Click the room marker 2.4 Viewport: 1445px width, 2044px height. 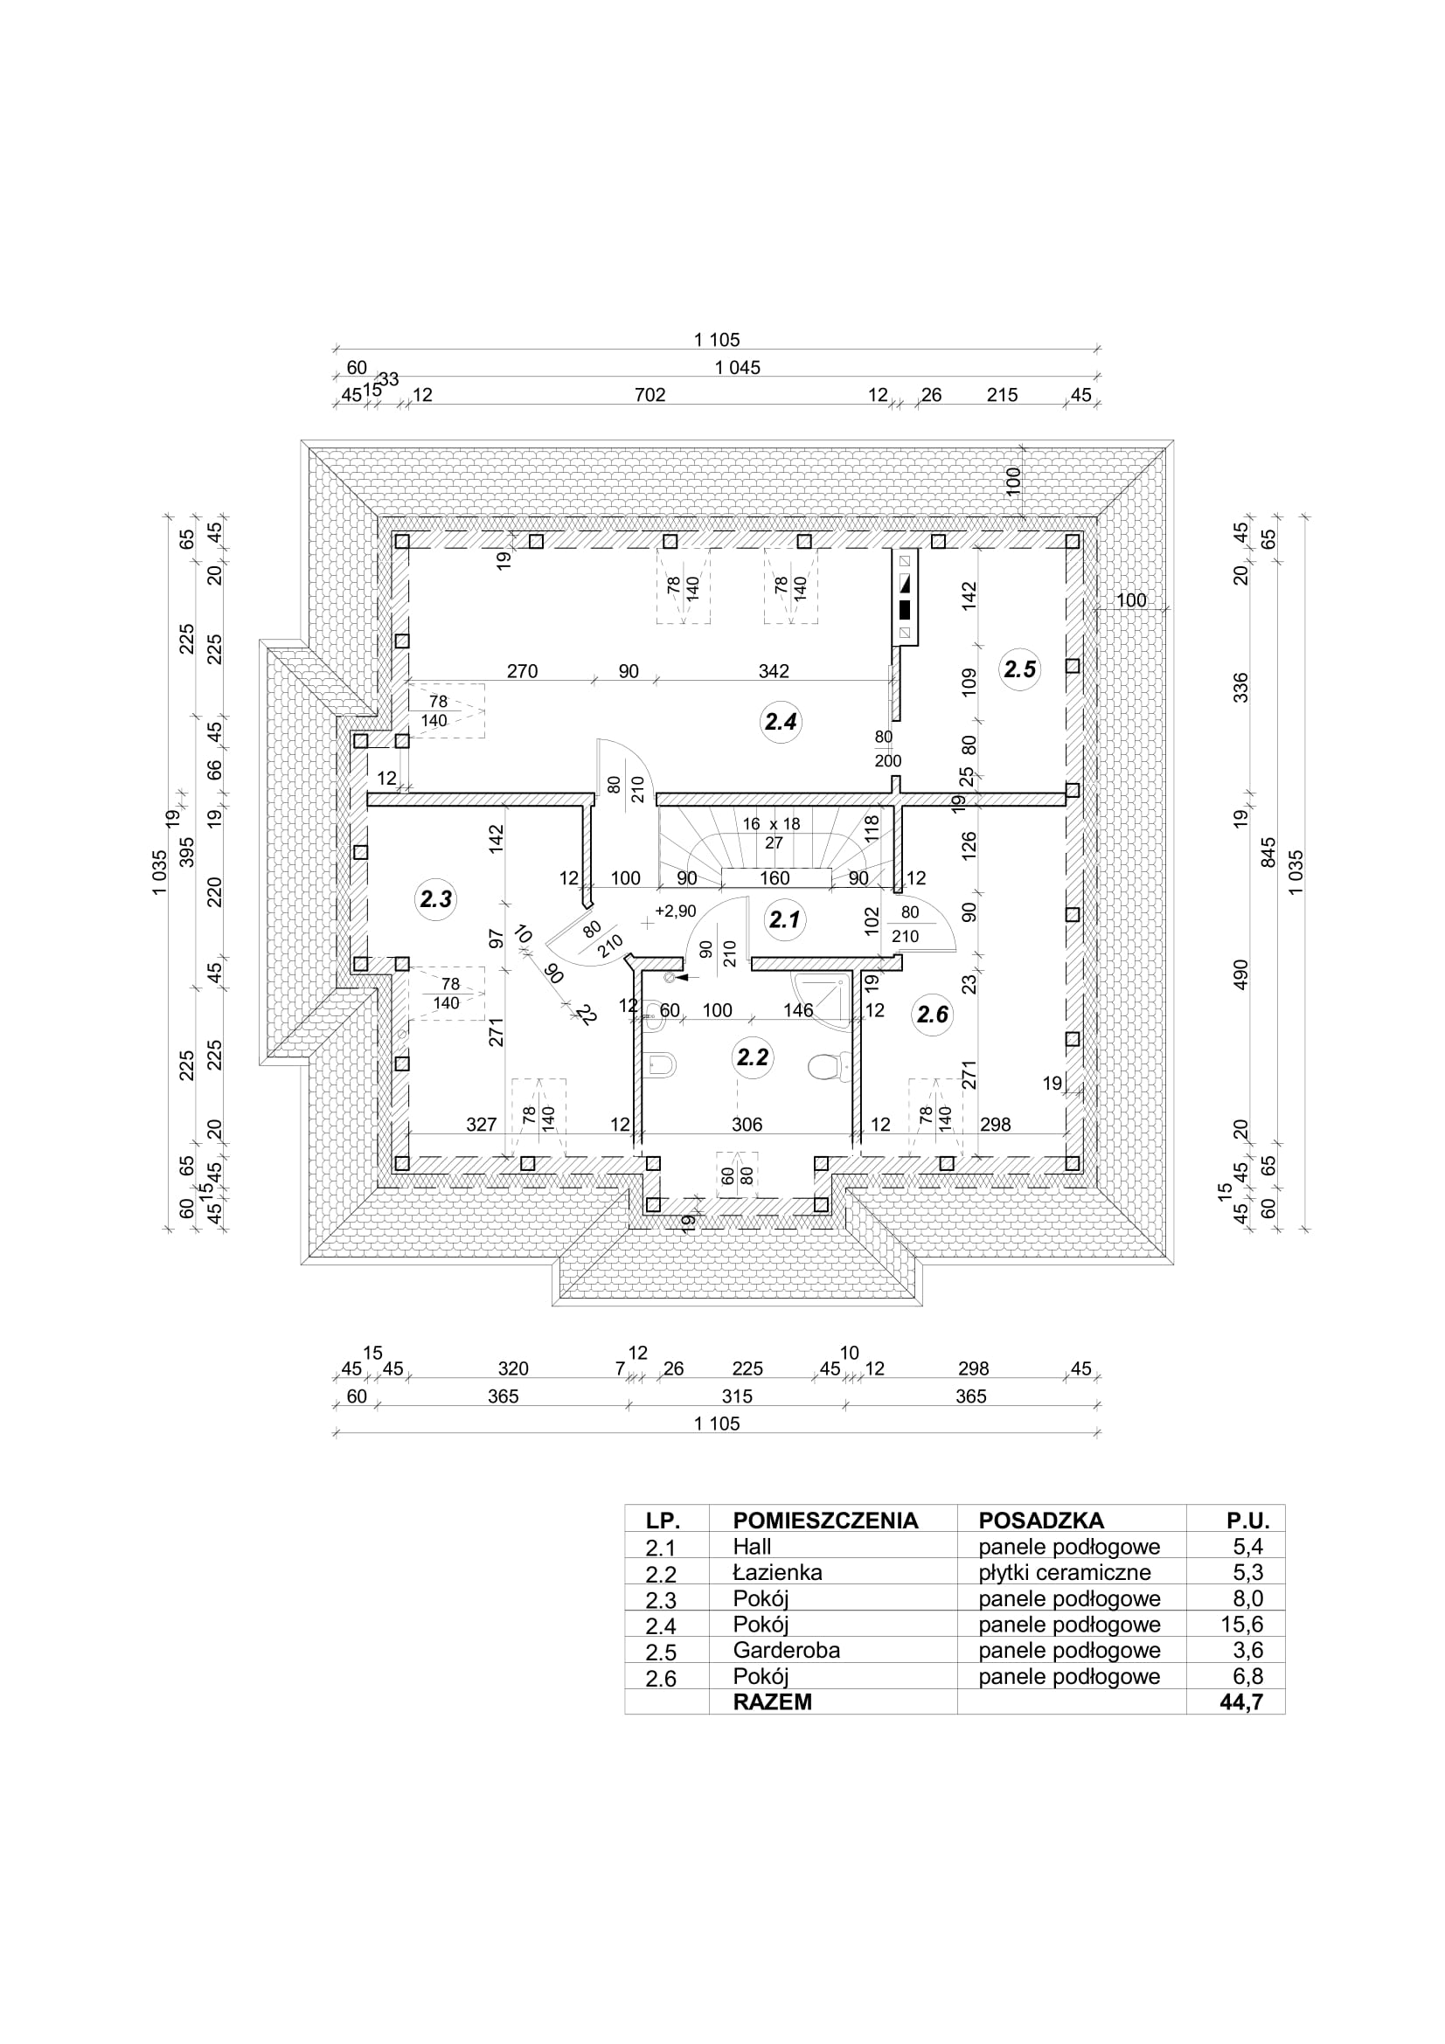click(x=781, y=722)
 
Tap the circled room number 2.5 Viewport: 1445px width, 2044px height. click(x=1019, y=669)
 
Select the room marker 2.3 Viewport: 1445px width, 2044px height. click(x=435, y=899)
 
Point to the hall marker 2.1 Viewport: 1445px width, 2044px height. click(x=784, y=918)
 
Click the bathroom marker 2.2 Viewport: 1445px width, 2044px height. click(x=753, y=1057)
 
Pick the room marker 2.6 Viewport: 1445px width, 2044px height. click(x=932, y=1014)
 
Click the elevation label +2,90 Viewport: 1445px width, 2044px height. click(x=675, y=911)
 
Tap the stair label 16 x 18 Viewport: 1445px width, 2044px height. click(x=771, y=824)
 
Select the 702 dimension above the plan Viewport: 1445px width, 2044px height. click(x=650, y=395)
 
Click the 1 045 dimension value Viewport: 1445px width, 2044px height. click(x=737, y=368)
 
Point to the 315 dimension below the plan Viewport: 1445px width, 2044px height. click(x=737, y=1396)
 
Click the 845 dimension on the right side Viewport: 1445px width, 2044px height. click(x=1268, y=852)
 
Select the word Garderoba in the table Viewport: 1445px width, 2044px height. click(x=786, y=1650)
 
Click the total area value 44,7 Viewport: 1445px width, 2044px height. click(x=1242, y=1702)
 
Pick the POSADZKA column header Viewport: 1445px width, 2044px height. click(x=1041, y=1521)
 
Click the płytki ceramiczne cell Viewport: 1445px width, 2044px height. click(x=1065, y=1573)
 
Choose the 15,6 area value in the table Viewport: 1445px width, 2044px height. click(x=1242, y=1624)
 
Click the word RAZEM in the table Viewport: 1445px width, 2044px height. click(x=772, y=1702)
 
